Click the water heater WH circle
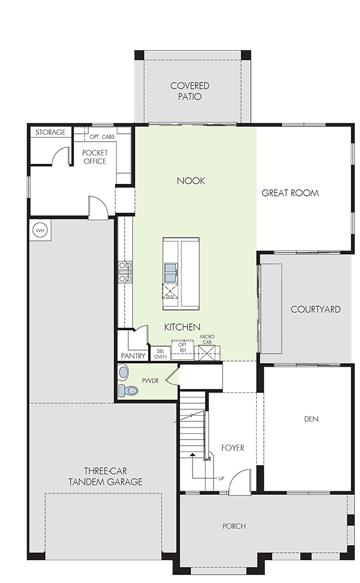(x=40, y=231)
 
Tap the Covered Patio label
(x=190, y=91)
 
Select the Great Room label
(x=290, y=193)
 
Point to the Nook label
(x=191, y=180)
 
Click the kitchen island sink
(x=171, y=273)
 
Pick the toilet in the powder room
(x=128, y=390)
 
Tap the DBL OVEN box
(x=160, y=354)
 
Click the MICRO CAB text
(x=207, y=339)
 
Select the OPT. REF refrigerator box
(x=182, y=350)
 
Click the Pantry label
(x=133, y=356)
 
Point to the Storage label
(x=50, y=132)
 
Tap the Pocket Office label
(x=95, y=157)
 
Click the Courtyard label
(x=316, y=309)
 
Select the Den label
(x=311, y=419)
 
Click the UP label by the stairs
(x=221, y=478)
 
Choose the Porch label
(x=234, y=526)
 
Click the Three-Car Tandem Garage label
(x=105, y=477)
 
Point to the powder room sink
(x=123, y=371)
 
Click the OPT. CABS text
(x=103, y=137)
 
